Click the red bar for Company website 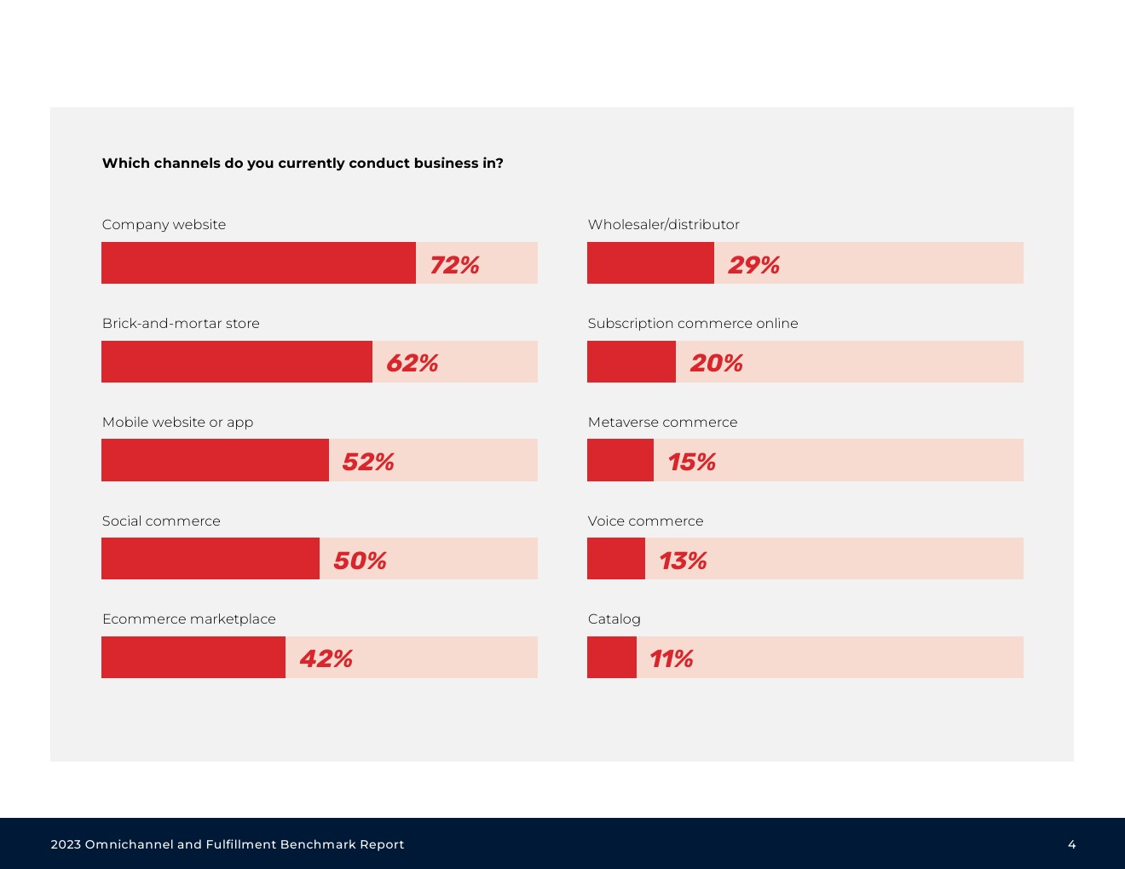click(258, 262)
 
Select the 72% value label click(454, 265)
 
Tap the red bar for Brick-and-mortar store click(237, 361)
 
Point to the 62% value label click(412, 363)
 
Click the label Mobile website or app click(177, 422)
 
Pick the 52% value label click(368, 462)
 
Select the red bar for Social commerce click(211, 558)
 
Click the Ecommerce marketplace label click(189, 619)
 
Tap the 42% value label click(326, 659)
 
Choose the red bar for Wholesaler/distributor click(650, 262)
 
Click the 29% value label click(753, 265)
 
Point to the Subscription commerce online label click(693, 323)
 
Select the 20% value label click(716, 363)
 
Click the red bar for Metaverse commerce click(620, 460)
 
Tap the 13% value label click(683, 561)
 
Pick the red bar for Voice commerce click(616, 558)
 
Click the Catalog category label click(614, 619)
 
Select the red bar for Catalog click(612, 657)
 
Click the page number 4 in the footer click(1071, 844)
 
